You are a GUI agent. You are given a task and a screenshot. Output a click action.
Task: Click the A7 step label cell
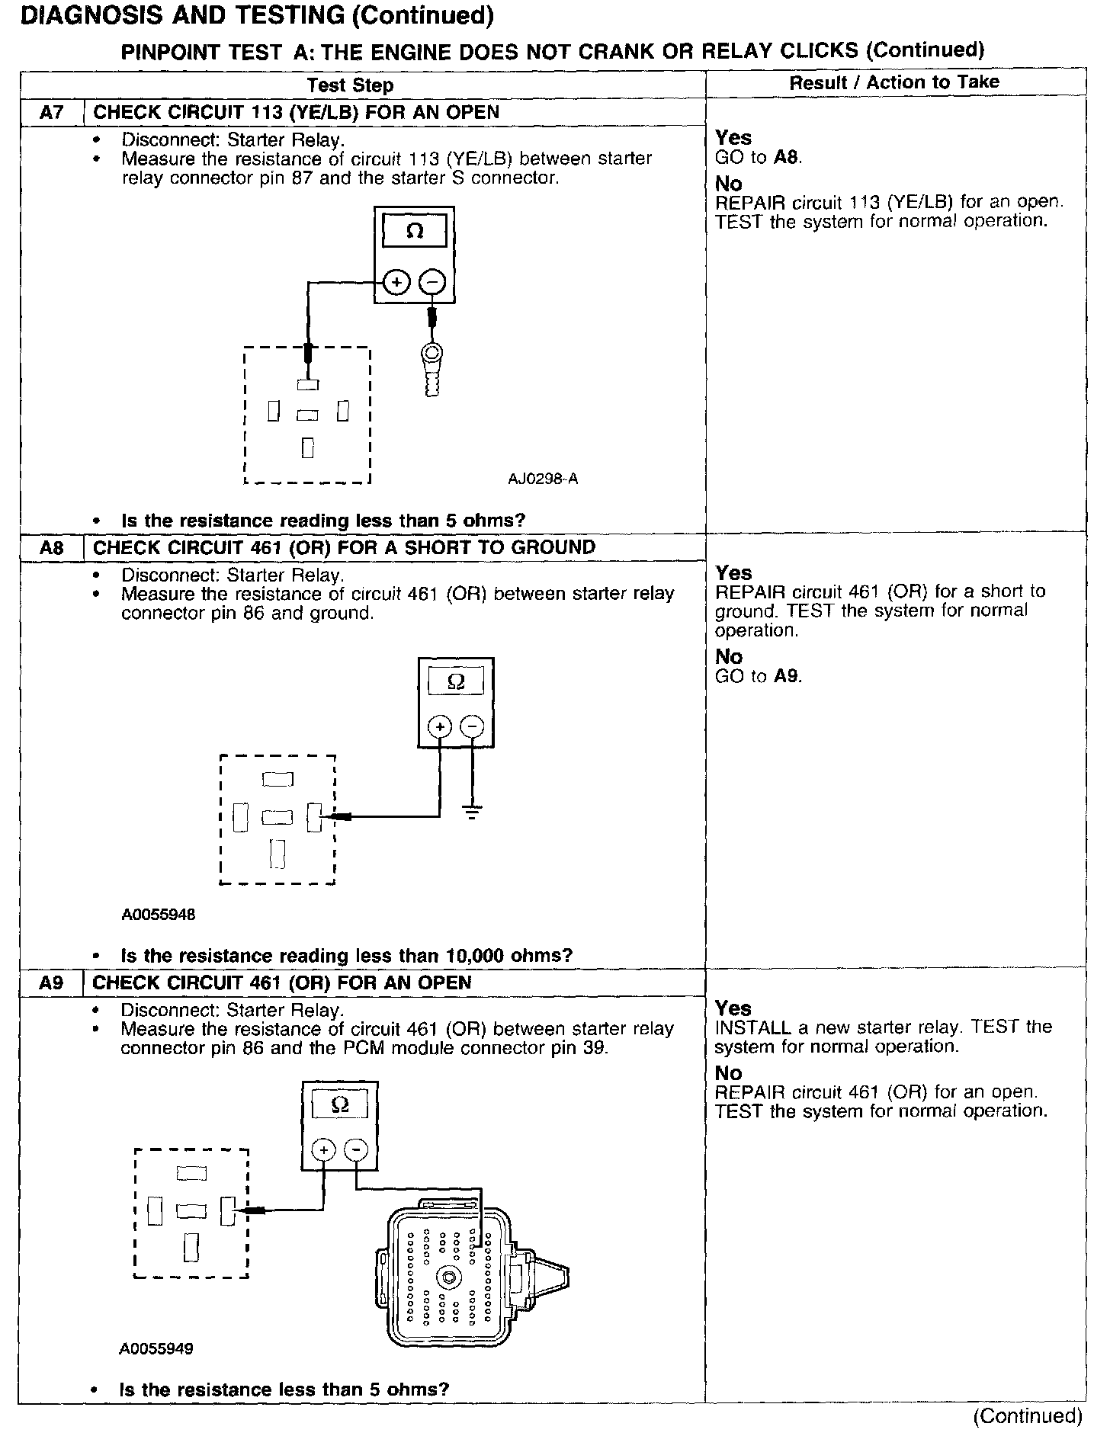tap(51, 113)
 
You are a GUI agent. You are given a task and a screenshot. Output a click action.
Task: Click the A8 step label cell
tap(51, 548)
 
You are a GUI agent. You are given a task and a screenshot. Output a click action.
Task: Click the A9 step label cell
tap(51, 983)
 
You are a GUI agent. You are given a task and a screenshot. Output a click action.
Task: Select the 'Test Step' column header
tap(350, 85)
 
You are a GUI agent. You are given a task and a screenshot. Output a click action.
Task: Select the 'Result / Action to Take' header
tap(893, 82)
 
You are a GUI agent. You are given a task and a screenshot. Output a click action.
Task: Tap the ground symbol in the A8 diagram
tap(473, 810)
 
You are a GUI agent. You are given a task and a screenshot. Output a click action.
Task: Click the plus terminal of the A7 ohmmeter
tap(396, 283)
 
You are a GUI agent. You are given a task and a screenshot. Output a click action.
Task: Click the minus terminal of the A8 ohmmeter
tap(473, 726)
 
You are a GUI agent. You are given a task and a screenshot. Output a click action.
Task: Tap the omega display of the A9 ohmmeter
tap(341, 1104)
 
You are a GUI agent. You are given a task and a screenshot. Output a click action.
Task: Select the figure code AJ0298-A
tap(543, 479)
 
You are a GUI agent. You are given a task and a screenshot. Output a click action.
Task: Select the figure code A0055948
tap(158, 915)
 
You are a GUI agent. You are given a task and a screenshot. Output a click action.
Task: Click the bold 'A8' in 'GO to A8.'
tap(787, 158)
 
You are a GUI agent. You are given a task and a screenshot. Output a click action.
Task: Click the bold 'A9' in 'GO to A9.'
tap(787, 676)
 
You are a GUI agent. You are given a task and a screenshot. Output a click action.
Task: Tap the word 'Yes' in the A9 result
tap(733, 1008)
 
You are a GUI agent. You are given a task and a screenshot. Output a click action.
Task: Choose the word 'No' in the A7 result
tap(729, 184)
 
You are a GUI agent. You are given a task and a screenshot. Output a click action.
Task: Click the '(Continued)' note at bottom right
tap(1027, 1415)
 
